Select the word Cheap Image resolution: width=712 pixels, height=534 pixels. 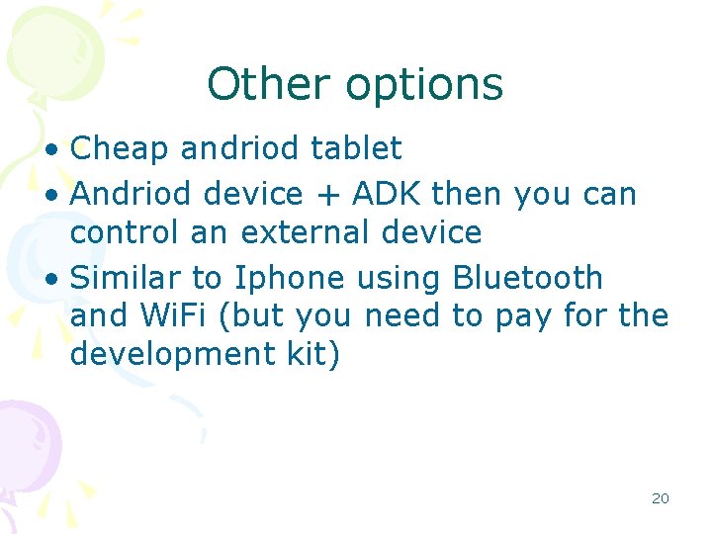pyautogui.click(x=121, y=149)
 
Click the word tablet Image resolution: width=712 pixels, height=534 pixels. pyautogui.click(x=356, y=149)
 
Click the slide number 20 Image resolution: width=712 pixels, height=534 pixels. pyautogui.click(x=660, y=498)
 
